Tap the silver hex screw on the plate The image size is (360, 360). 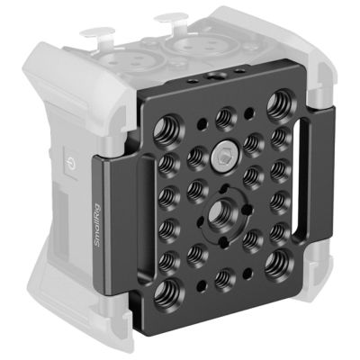click(220, 158)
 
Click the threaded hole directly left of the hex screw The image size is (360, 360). click(195, 158)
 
